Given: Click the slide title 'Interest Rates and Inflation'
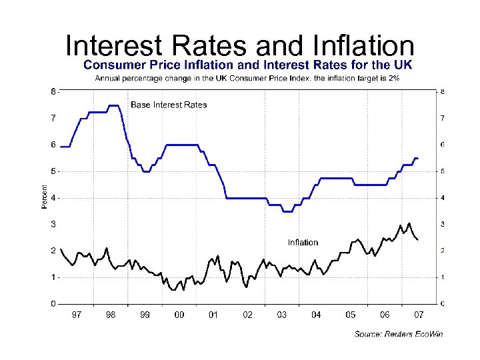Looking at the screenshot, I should tap(240, 46).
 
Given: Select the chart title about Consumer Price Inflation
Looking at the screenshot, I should tap(247, 65).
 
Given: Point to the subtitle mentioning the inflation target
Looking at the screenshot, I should tap(247, 78).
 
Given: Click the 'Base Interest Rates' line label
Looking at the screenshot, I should tap(169, 105).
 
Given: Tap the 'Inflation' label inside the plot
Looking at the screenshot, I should tap(303, 243).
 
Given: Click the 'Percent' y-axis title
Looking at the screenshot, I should tap(45, 197).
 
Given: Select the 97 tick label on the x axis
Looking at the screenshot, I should tap(77, 315).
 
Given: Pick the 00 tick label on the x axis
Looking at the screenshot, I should tap(179, 315).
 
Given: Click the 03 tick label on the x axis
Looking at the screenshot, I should tap(281, 315).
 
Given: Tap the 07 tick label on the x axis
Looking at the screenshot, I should tap(419, 315).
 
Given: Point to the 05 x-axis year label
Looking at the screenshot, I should tap(350, 315).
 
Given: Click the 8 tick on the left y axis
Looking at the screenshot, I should tap(53, 91).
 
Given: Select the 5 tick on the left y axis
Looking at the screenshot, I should tap(53, 171).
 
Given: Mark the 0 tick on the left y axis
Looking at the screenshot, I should tap(53, 304).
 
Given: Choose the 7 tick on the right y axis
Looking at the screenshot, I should tap(443, 118).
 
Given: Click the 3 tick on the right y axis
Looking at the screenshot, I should tap(443, 224).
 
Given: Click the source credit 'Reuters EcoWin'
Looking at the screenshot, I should tap(398, 334).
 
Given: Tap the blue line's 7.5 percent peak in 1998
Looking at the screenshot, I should tap(113, 105).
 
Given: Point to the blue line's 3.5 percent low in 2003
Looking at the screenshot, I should tap(287, 211).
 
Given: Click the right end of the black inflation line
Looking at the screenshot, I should tap(418, 240).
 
